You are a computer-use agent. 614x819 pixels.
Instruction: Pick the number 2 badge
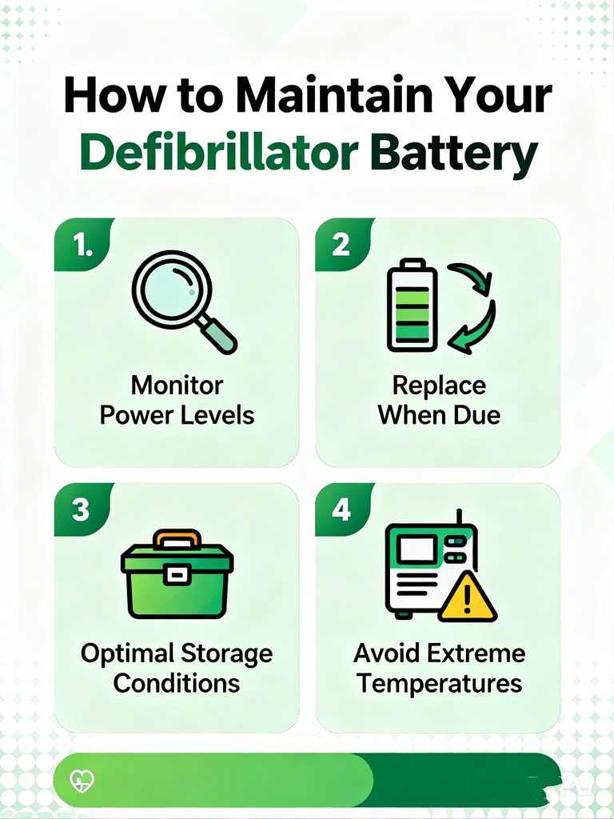tap(341, 246)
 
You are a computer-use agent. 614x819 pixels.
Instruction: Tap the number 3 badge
tap(81, 510)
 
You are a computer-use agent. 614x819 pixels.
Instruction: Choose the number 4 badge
tap(341, 509)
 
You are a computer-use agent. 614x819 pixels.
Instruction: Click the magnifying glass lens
tap(171, 289)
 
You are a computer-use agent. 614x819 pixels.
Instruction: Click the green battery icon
tap(412, 306)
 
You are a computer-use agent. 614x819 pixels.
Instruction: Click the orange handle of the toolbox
tap(177, 538)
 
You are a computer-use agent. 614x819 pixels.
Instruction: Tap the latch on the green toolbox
tap(177, 573)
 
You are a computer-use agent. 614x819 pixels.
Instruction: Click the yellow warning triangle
tap(467, 598)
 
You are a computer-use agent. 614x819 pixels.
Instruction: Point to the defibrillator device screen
tap(417, 549)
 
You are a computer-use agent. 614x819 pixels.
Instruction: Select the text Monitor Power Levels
tap(177, 400)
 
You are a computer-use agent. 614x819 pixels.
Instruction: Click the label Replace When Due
tap(439, 400)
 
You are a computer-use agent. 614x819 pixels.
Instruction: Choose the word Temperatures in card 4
tap(439, 684)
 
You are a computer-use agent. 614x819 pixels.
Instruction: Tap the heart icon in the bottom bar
tap(82, 780)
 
